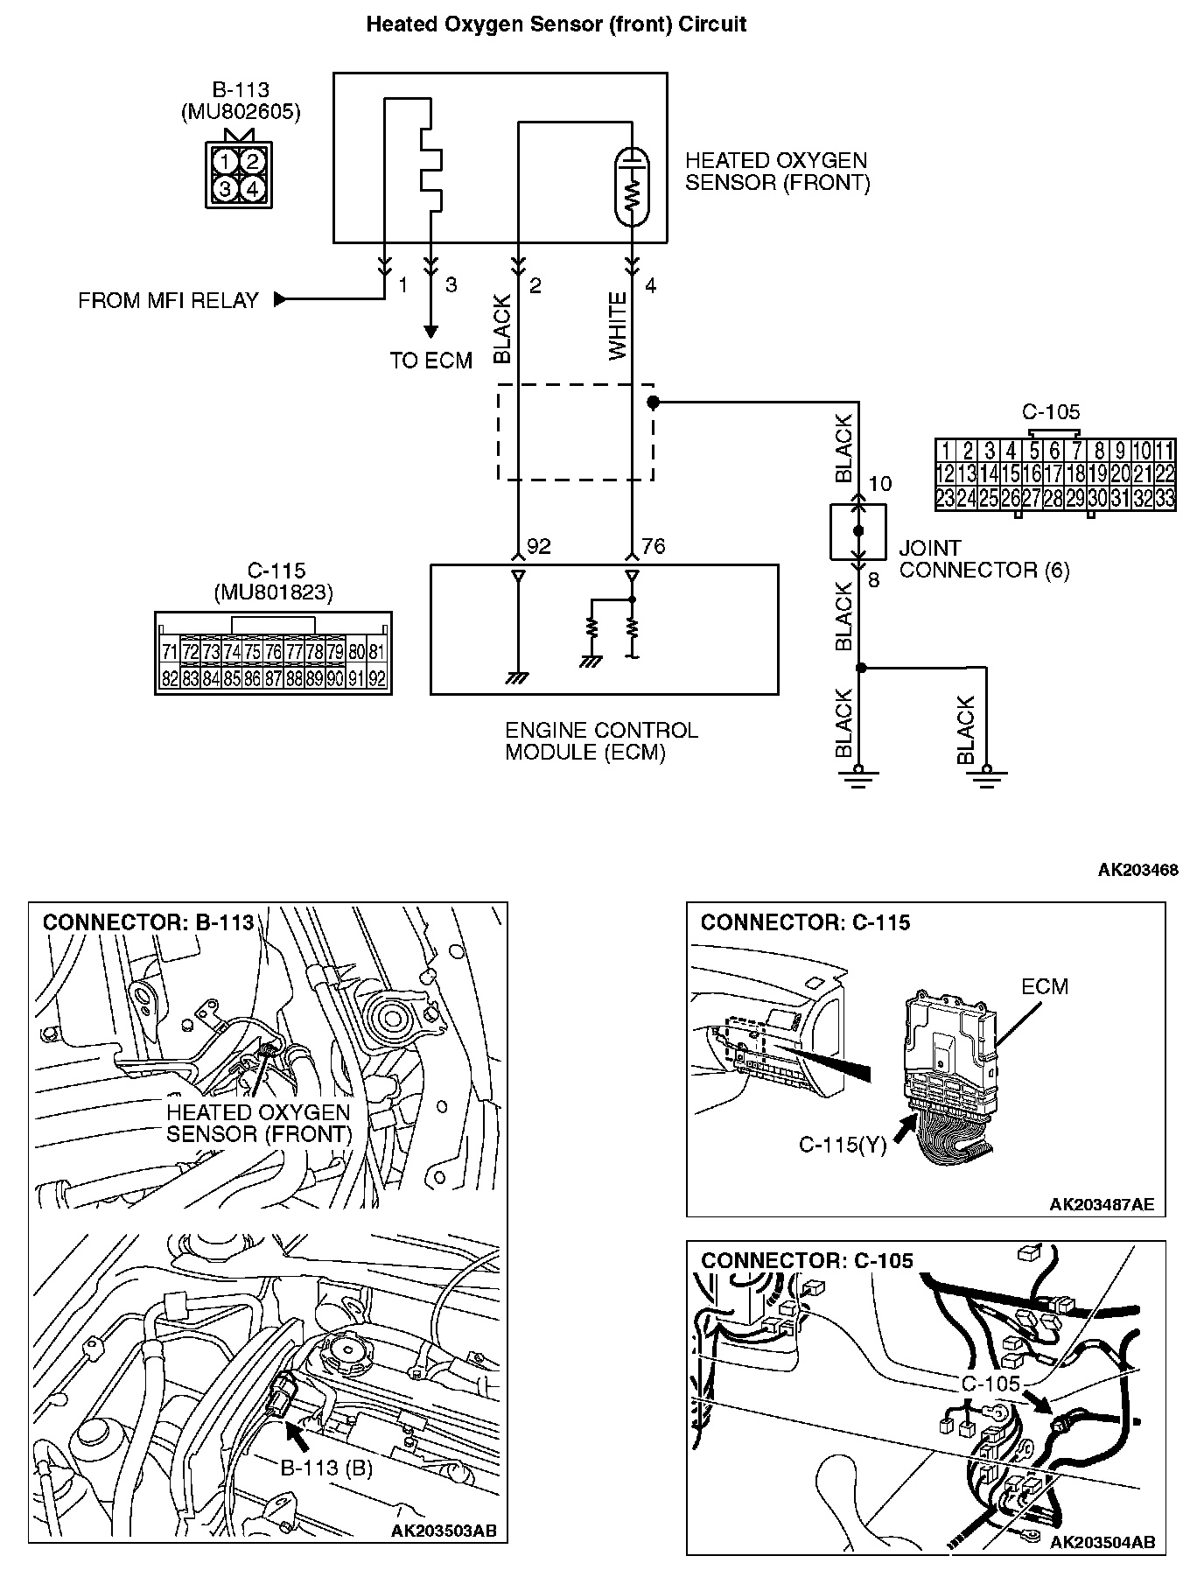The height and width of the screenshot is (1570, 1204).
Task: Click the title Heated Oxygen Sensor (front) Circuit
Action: [556, 25]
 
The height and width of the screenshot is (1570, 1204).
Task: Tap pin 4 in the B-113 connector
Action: [252, 188]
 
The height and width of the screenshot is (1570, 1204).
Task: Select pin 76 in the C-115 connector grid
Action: [273, 652]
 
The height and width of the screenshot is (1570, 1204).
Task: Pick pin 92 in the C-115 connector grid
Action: [377, 678]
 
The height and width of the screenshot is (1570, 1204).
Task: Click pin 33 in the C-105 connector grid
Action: [1164, 499]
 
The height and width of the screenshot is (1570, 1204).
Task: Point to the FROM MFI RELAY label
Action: [168, 301]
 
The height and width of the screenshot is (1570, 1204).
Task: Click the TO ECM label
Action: [430, 361]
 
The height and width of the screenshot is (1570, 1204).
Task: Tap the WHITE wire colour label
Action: [619, 326]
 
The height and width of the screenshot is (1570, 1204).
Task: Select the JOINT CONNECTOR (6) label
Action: [983, 559]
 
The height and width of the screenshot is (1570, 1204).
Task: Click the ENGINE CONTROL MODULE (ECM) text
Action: [602, 741]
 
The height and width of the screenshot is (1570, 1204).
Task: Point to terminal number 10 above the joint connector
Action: [879, 483]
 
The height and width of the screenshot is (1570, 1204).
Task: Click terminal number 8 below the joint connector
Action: [872, 579]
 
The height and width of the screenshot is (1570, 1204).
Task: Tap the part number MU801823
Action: [273, 592]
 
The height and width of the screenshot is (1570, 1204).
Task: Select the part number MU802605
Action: [240, 112]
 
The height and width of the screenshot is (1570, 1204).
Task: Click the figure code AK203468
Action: [1137, 869]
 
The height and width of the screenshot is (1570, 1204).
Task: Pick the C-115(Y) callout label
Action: [842, 1145]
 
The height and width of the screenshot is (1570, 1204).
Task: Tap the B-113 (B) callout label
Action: [326, 1468]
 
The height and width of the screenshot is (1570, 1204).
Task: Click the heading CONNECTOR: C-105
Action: [806, 1260]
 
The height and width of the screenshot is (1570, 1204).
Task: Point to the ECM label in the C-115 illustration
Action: [1045, 986]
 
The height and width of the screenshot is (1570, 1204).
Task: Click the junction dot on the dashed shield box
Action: [652, 402]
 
